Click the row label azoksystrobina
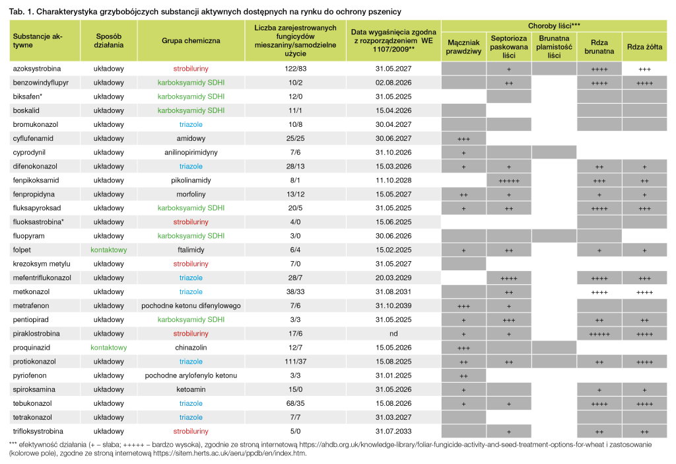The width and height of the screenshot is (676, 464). pyautogui.click(x=37, y=69)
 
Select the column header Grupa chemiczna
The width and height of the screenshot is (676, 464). pyautogui.click(x=191, y=40)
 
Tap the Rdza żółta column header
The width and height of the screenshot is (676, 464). pyautogui.click(x=644, y=47)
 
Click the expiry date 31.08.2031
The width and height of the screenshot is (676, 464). pyautogui.click(x=393, y=291)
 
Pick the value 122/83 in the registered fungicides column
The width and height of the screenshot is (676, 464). pyautogui.click(x=295, y=69)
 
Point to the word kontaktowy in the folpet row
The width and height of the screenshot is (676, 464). pyautogui.click(x=109, y=250)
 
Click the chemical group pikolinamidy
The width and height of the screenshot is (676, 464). pyautogui.click(x=191, y=180)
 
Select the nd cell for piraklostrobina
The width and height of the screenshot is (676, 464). pyautogui.click(x=393, y=334)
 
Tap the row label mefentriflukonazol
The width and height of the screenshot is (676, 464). pyautogui.click(x=42, y=278)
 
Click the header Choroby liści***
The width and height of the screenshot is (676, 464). pyautogui.click(x=554, y=26)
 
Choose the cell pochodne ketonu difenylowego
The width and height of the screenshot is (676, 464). pyautogui.click(x=191, y=305)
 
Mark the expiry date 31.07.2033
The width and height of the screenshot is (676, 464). pyautogui.click(x=393, y=431)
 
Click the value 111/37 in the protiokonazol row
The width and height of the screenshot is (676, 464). pyautogui.click(x=295, y=362)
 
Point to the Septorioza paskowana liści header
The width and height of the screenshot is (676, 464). pyautogui.click(x=509, y=47)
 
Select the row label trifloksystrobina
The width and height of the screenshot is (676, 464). pyautogui.click(x=38, y=431)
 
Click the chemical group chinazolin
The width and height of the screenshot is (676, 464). pyautogui.click(x=191, y=348)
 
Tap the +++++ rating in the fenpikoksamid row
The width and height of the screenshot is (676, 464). pyautogui.click(x=509, y=181)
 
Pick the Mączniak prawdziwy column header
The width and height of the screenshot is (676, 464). pyautogui.click(x=463, y=47)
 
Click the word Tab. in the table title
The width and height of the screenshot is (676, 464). pyautogui.click(x=17, y=12)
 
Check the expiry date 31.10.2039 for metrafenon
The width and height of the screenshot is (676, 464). pyautogui.click(x=393, y=305)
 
